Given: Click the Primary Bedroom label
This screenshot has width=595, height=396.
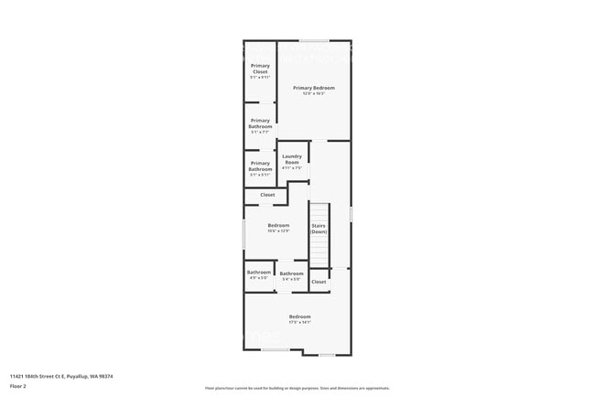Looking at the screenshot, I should (314, 88).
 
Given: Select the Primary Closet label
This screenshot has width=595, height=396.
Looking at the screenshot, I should (260, 69).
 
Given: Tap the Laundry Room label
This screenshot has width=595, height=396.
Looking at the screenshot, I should (292, 159).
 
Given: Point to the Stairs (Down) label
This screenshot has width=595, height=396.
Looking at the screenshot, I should (319, 229).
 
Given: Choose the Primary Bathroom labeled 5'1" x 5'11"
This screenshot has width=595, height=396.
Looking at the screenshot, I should (260, 166).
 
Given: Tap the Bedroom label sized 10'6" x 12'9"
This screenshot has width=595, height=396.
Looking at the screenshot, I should (278, 225).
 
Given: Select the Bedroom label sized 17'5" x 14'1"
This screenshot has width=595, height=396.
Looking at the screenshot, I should (300, 316).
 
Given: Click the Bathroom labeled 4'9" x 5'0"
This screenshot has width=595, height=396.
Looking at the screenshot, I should (259, 272).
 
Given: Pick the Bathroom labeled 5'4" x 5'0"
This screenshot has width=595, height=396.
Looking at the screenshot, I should (291, 273).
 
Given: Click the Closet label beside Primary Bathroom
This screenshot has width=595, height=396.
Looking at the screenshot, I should (267, 195).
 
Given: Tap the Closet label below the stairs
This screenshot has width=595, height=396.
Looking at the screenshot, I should (319, 282).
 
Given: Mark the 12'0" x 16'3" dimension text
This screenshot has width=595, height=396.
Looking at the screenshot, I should (314, 93).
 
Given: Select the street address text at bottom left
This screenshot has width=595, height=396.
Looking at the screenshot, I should (60, 376).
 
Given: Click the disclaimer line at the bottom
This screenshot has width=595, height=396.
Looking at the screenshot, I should (297, 389).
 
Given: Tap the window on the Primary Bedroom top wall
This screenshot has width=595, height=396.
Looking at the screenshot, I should (316, 40).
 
